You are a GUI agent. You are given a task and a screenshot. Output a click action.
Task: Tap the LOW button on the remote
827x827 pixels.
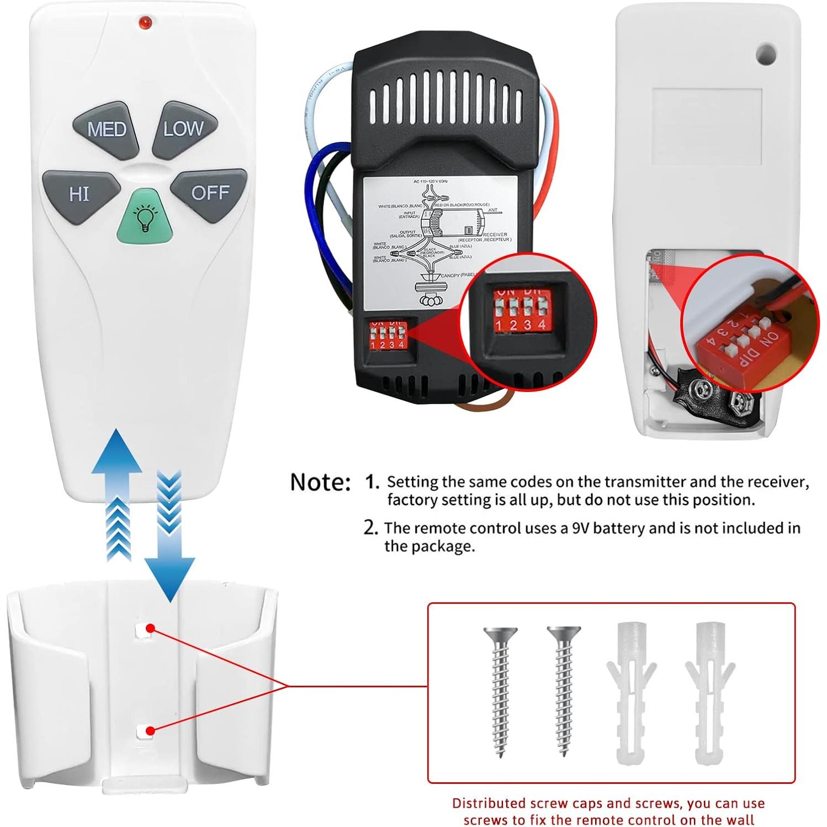point(184,129)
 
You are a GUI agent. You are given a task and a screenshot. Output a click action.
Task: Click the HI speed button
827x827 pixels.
point(80,194)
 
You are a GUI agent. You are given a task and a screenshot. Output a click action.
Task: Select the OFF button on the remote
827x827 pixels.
point(209,193)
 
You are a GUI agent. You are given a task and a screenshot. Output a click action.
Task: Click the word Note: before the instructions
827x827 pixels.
point(320,482)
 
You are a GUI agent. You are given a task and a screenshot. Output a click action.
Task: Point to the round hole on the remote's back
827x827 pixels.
point(765,54)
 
